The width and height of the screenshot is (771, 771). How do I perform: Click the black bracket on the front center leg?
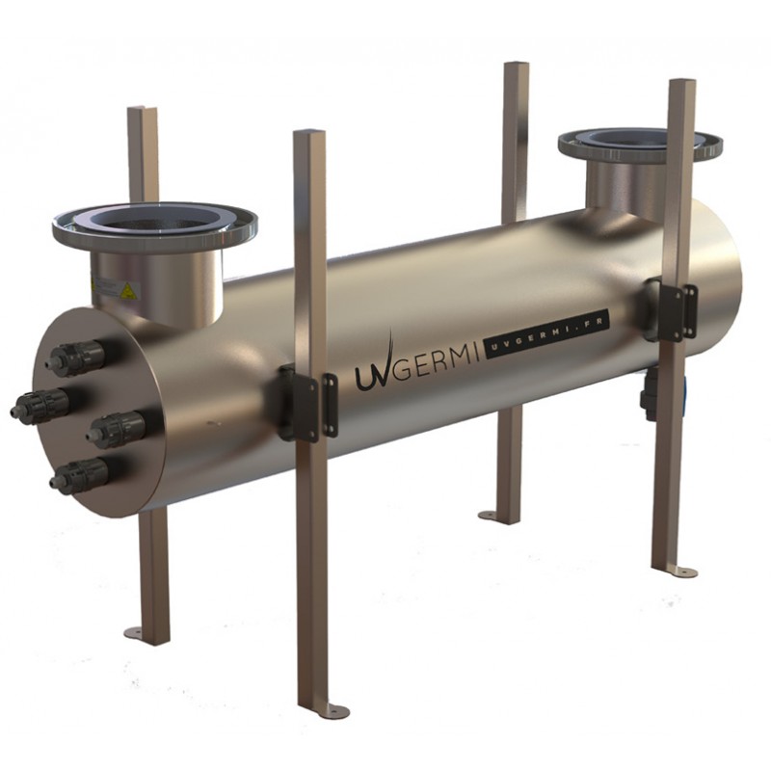point(307,405)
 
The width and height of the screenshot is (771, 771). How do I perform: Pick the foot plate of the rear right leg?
point(497,518)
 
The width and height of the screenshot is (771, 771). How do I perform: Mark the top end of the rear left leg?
point(142,111)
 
